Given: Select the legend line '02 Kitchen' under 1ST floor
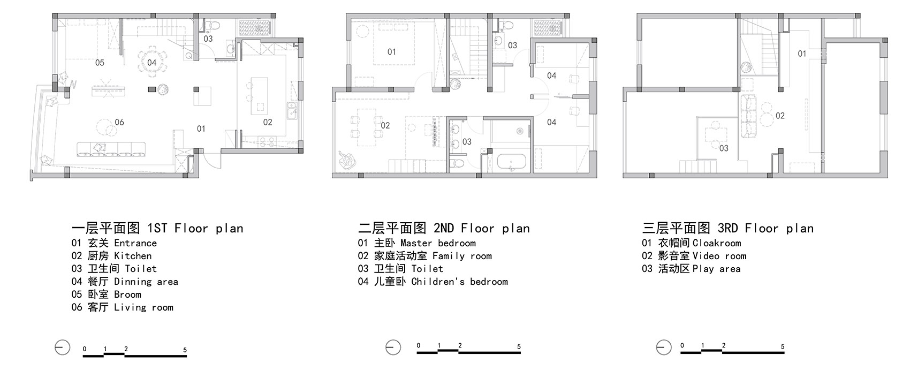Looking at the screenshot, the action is pos(111,256).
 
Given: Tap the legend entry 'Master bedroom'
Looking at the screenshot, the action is pos(438,243).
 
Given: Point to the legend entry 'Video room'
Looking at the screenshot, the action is pos(719,256).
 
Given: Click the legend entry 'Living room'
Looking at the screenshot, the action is pos(143,307).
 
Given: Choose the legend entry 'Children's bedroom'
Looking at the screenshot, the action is pos(459,282).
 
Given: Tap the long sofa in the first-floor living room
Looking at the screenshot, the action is pos(111,149).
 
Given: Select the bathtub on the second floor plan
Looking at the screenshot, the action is pos(512,162).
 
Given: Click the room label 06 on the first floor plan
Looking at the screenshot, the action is pos(119,122).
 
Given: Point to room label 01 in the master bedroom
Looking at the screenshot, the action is pos(391,51).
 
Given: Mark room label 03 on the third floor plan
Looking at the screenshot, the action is pos(724,148).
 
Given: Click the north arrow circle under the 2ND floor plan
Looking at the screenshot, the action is pos(393,348).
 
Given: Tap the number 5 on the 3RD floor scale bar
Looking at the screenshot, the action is pos(783,347).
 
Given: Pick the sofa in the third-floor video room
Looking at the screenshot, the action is pos(748,116).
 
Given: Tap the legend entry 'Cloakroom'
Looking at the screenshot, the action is pos(717,243).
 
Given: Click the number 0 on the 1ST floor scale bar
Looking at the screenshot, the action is pos(85,349).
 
